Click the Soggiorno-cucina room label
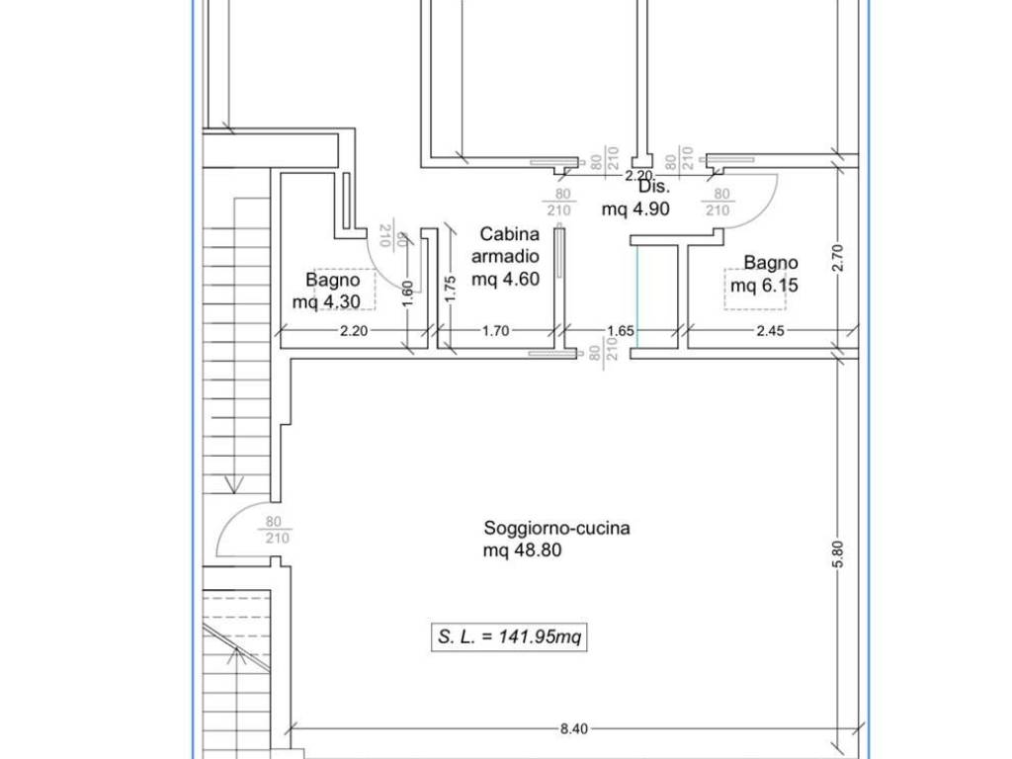coord(557,529)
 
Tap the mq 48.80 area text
coord(522,550)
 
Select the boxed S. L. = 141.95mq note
coord(509,637)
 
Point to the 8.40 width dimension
coord(574,728)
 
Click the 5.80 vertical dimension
coord(838,554)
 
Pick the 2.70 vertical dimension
coord(838,258)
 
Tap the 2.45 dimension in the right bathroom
coord(770,330)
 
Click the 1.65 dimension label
coord(621,330)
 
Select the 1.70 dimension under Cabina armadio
coord(496,330)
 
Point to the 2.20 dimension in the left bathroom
coord(354,330)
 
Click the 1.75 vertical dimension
coord(451,289)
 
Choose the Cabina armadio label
coord(505,245)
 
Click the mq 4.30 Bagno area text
coord(326,301)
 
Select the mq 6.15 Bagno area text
coord(764,285)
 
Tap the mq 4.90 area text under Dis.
coord(635,210)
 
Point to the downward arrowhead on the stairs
coord(233,484)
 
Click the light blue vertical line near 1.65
coord(637,296)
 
